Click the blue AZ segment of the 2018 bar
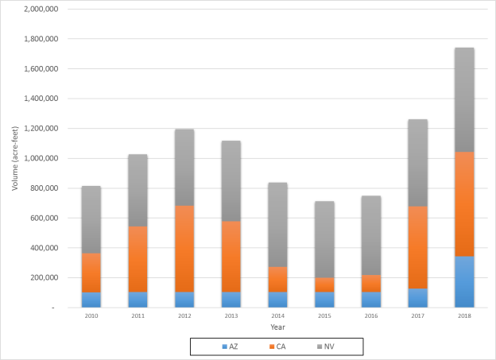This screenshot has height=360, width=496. pyautogui.click(x=463, y=281)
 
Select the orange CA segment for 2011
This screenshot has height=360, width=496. pyautogui.click(x=138, y=259)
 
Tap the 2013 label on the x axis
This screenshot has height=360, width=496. pyautogui.click(x=231, y=315)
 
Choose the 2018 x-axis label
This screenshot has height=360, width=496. pyautogui.click(x=463, y=315)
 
